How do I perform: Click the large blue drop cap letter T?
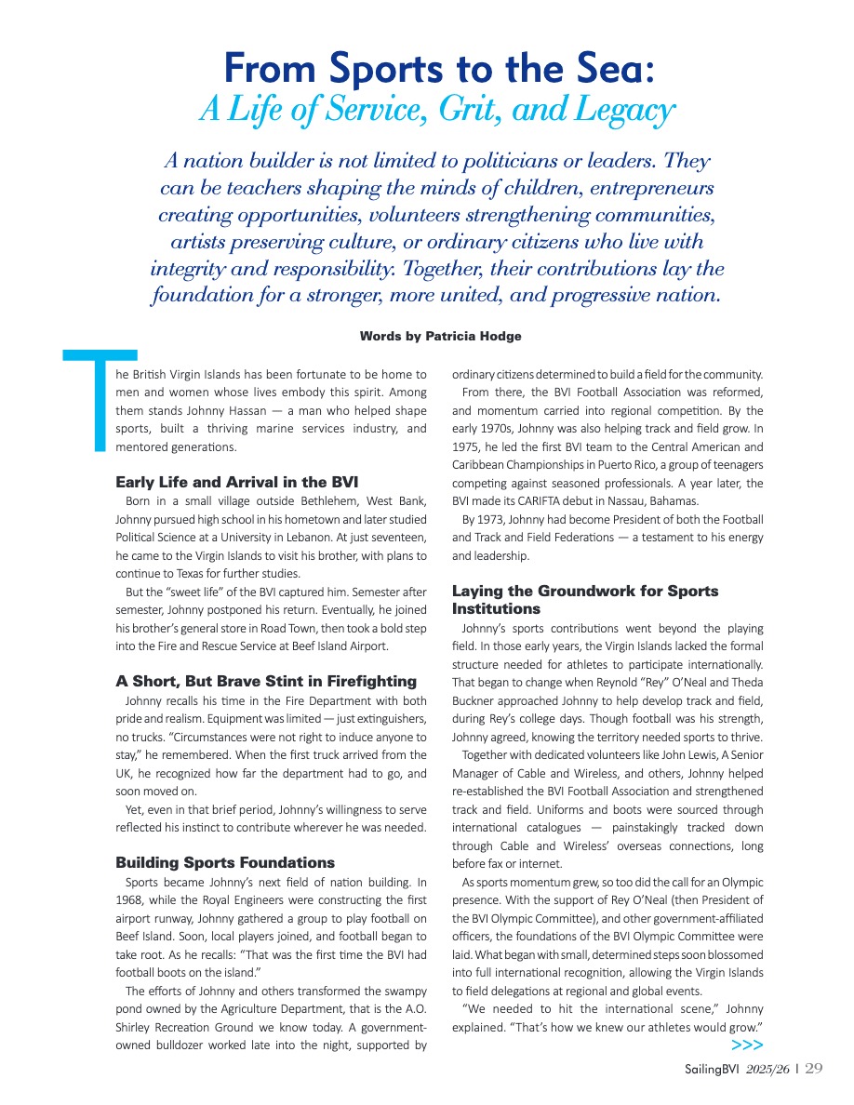tap(100, 400)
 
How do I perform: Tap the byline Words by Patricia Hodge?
tap(440, 336)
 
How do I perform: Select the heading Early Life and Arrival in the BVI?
tap(236, 482)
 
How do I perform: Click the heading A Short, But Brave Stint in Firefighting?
tap(266, 682)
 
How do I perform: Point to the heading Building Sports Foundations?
tap(225, 862)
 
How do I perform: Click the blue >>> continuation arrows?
tap(747, 1045)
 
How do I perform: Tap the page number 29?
tap(814, 1069)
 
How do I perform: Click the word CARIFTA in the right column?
tap(523, 500)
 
